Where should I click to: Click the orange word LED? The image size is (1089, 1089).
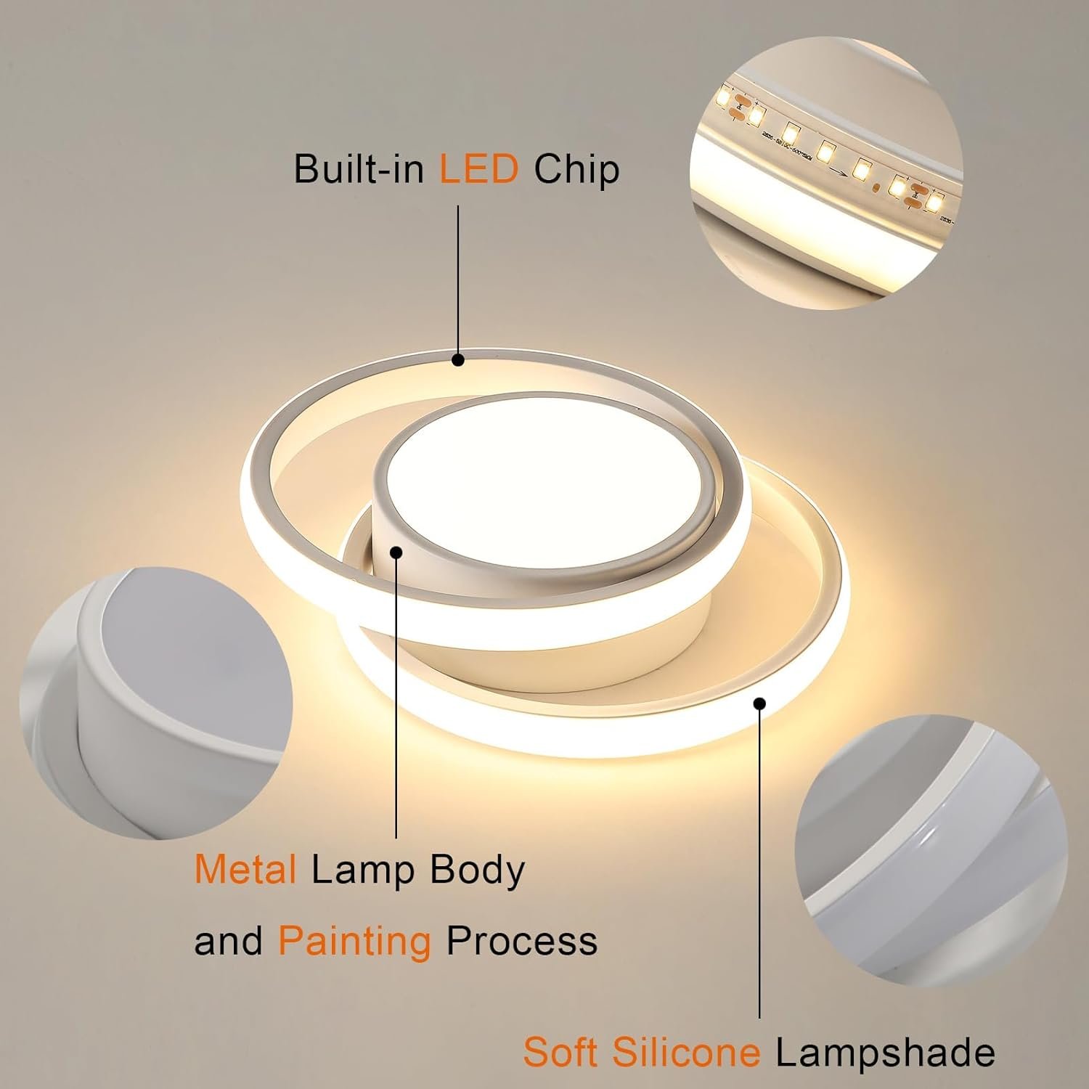pyautogui.click(x=478, y=169)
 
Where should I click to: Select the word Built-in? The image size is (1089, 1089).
pyautogui.click(x=359, y=169)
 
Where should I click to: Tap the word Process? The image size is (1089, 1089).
pyautogui.click(x=521, y=941)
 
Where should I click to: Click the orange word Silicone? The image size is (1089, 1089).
pyautogui.click(x=685, y=1051)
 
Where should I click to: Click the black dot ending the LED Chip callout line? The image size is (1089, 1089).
pyautogui.click(x=458, y=359)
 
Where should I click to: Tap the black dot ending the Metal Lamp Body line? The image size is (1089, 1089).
pyautogui.click(x=396, y=552)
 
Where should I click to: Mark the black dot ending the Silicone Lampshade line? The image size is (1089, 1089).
pyautogui.click(x=760, y=703)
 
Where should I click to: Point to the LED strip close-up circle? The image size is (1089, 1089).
pyautogui.click(x=826, y=174)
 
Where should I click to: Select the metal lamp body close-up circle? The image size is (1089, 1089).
pyautogui.click(x=156, y=703)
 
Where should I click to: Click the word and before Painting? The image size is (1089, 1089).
pyautogui.click(x=228, y=941)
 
